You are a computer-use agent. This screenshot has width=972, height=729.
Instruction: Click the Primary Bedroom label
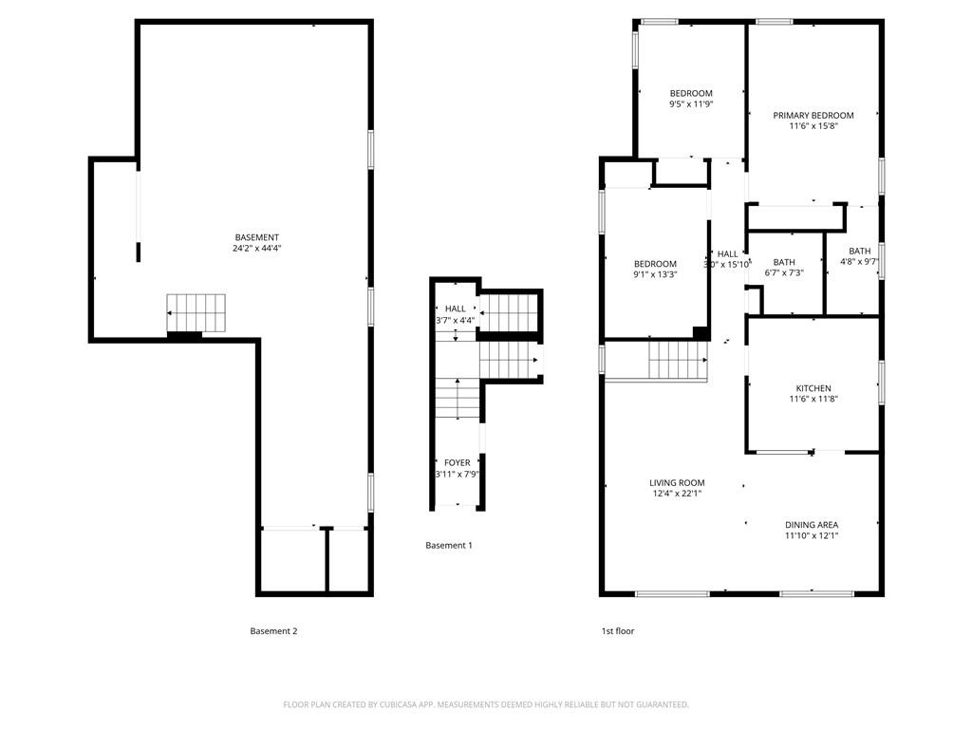[813, 116]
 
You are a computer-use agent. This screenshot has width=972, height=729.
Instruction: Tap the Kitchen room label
[813, 388]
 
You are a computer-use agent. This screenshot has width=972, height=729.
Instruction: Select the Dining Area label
[811, 525]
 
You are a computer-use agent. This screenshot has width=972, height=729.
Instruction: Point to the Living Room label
[677, 483]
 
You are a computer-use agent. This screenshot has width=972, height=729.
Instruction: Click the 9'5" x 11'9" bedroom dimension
[690, 104]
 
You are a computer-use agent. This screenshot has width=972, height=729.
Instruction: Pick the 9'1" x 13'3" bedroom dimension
[655, 275]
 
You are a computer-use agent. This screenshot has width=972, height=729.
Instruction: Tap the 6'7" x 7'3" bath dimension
[784, 273]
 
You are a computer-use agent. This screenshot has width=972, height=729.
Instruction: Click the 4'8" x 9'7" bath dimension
[859, 262]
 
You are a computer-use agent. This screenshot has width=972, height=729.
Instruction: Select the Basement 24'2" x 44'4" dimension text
[256, 249]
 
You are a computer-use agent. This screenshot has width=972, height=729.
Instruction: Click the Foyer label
[457, 463]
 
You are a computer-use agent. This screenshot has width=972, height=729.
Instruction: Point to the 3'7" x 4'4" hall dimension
[455, 320]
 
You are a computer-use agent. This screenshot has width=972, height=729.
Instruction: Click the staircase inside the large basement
[198, 311]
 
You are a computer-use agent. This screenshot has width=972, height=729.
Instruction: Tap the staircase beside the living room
[678, 361]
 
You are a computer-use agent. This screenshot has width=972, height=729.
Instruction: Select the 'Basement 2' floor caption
[273, 631]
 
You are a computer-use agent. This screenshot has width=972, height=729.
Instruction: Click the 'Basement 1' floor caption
[448, 546]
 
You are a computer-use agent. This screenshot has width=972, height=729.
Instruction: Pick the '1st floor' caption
[618, 631]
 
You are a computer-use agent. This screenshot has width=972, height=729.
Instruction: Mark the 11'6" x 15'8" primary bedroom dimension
[813, 126]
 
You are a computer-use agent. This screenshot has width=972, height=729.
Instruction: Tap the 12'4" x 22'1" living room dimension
[677, 494]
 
